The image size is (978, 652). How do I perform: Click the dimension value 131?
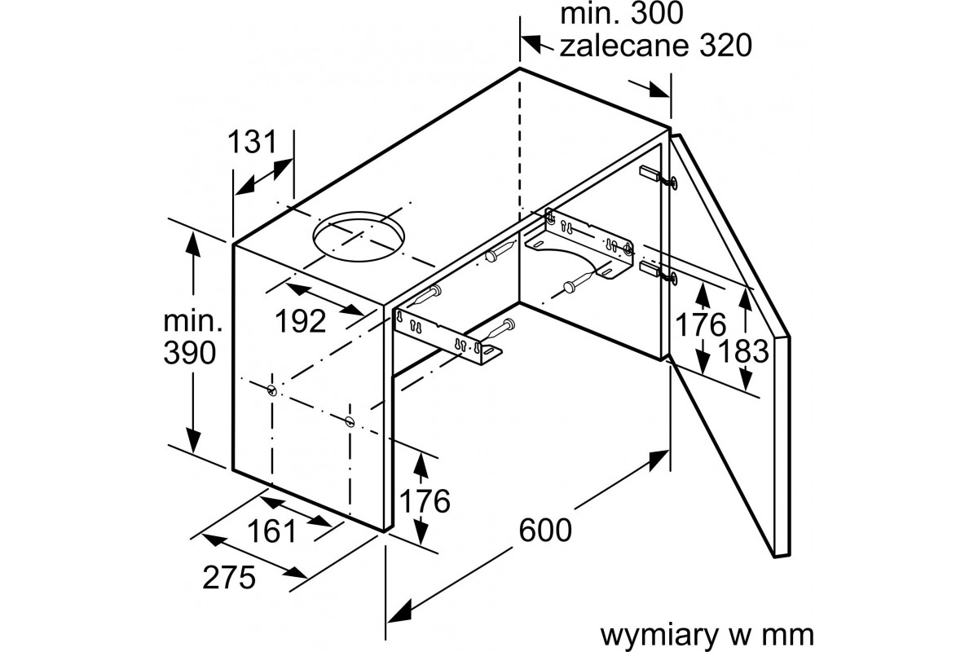coord(253,142)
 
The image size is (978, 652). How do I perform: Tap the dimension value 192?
coord(301,321)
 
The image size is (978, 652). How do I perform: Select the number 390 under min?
coord(189,352)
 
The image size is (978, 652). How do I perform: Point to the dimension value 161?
coord(271,531)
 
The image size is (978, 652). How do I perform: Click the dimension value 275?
coord(229,577)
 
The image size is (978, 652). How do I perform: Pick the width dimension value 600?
coord(545,531)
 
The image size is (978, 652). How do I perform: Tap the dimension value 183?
coord(743,351)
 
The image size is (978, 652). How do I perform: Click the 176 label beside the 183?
coord(700,324)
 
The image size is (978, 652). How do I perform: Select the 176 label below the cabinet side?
coord(425,501)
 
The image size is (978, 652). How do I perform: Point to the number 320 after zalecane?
coord(725,46)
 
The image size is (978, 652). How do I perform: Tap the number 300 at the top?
coord(656,14)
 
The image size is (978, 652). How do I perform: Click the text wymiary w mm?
coord(707,635)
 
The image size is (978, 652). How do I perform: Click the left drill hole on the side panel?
coord(272,390)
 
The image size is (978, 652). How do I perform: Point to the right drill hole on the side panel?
coord(350,422)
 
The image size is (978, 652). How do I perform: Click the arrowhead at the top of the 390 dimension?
coord(193,244)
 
